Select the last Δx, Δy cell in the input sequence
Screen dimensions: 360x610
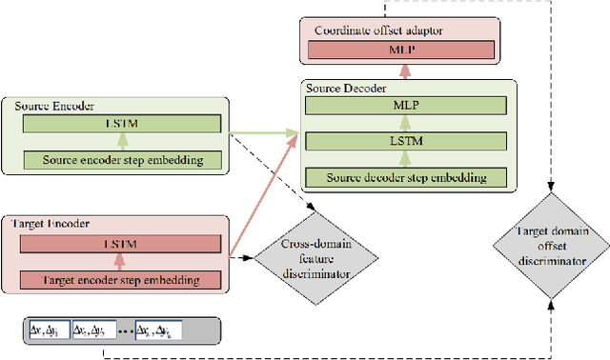157,330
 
